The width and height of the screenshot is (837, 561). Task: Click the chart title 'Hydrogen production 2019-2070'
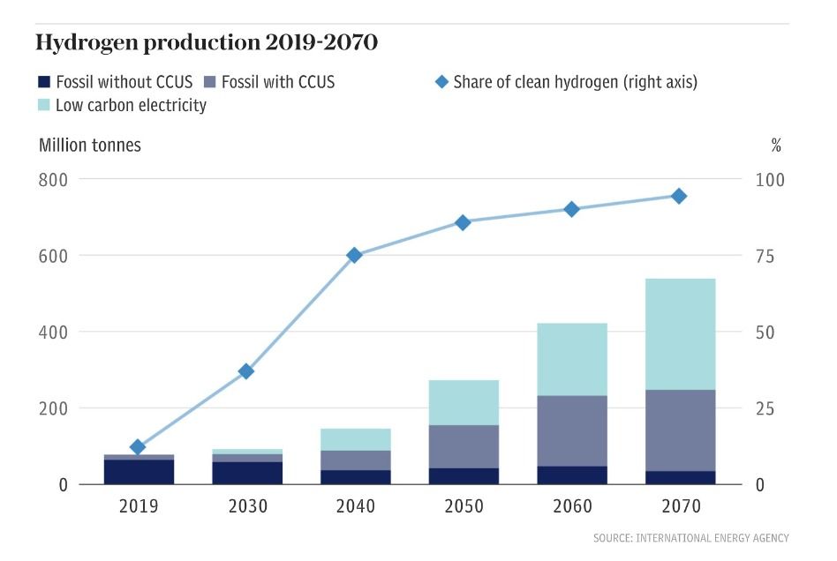(x=207, y=42)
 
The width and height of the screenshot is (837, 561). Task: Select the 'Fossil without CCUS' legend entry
(x=115, y=83)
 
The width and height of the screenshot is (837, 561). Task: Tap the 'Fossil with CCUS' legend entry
(x=270, y=83)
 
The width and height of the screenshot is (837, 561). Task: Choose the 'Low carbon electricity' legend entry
(x=122, y=106)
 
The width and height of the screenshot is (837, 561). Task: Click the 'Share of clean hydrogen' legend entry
(x=566, y=83)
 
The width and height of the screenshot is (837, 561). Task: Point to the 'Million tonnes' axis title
(x=90, y=146)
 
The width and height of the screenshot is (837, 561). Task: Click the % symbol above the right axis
(x=776, y=146)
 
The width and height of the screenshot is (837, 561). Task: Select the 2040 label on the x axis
(x=355, y=507)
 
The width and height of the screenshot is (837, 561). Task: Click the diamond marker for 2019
(x=138, y=447)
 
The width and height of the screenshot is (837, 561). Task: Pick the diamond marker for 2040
(x=355, y=255)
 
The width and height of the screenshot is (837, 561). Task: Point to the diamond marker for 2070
(x=679, y=196)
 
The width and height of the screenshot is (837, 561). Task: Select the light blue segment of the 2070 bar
(x=679, y=334)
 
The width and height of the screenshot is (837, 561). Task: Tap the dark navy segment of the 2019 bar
(x=138, y=472)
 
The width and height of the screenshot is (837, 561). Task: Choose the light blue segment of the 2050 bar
(x=463, y=402)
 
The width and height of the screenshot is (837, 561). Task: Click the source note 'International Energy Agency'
(x=691, y=538)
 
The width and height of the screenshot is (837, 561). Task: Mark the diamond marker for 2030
(x=246, y=371)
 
